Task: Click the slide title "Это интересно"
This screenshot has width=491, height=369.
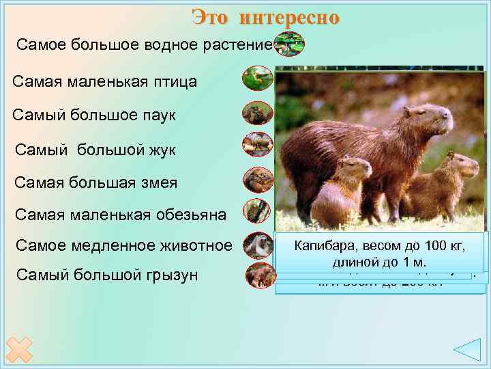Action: (x=265, y=17)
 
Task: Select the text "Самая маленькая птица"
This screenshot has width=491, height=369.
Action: (x=105, y=82)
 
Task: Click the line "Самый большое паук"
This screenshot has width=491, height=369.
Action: (x=94, y=115)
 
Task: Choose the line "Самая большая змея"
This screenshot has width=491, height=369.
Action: (x=96, y=182)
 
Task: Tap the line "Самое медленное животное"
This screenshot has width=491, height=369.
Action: (x=123, y=245)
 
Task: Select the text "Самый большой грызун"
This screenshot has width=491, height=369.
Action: (x=106, y=275)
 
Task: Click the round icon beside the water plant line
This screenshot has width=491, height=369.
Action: (x=289, y=44)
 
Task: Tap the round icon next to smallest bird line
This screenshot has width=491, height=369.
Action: (x=258, y=78)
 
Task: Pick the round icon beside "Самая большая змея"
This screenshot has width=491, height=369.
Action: (x=258, y=179)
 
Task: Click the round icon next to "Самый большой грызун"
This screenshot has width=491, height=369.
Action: (x=258, y=275)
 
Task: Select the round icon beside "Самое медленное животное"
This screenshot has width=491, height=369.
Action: (x=258, y=244)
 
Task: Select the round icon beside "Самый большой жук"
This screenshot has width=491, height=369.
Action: (x=258, y=145)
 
